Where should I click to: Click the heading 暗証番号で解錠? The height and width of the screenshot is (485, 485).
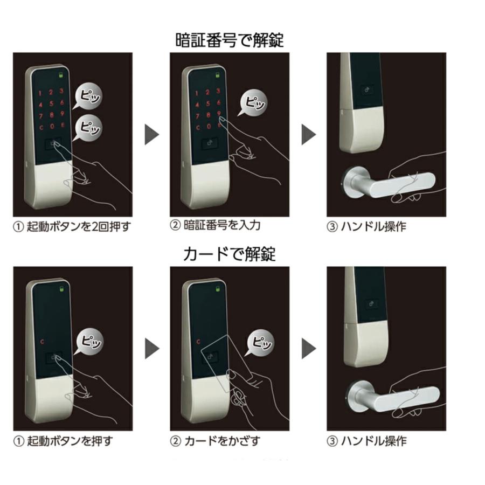(x=229, y=40)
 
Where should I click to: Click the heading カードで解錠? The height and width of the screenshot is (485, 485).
(x=229, y=253)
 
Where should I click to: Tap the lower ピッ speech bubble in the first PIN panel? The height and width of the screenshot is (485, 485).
(x=88, y=127)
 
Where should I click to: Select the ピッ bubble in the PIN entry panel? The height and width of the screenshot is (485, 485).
(x=253, y=101)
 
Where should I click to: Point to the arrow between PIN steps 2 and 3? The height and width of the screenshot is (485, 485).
(x=308, y=134)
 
